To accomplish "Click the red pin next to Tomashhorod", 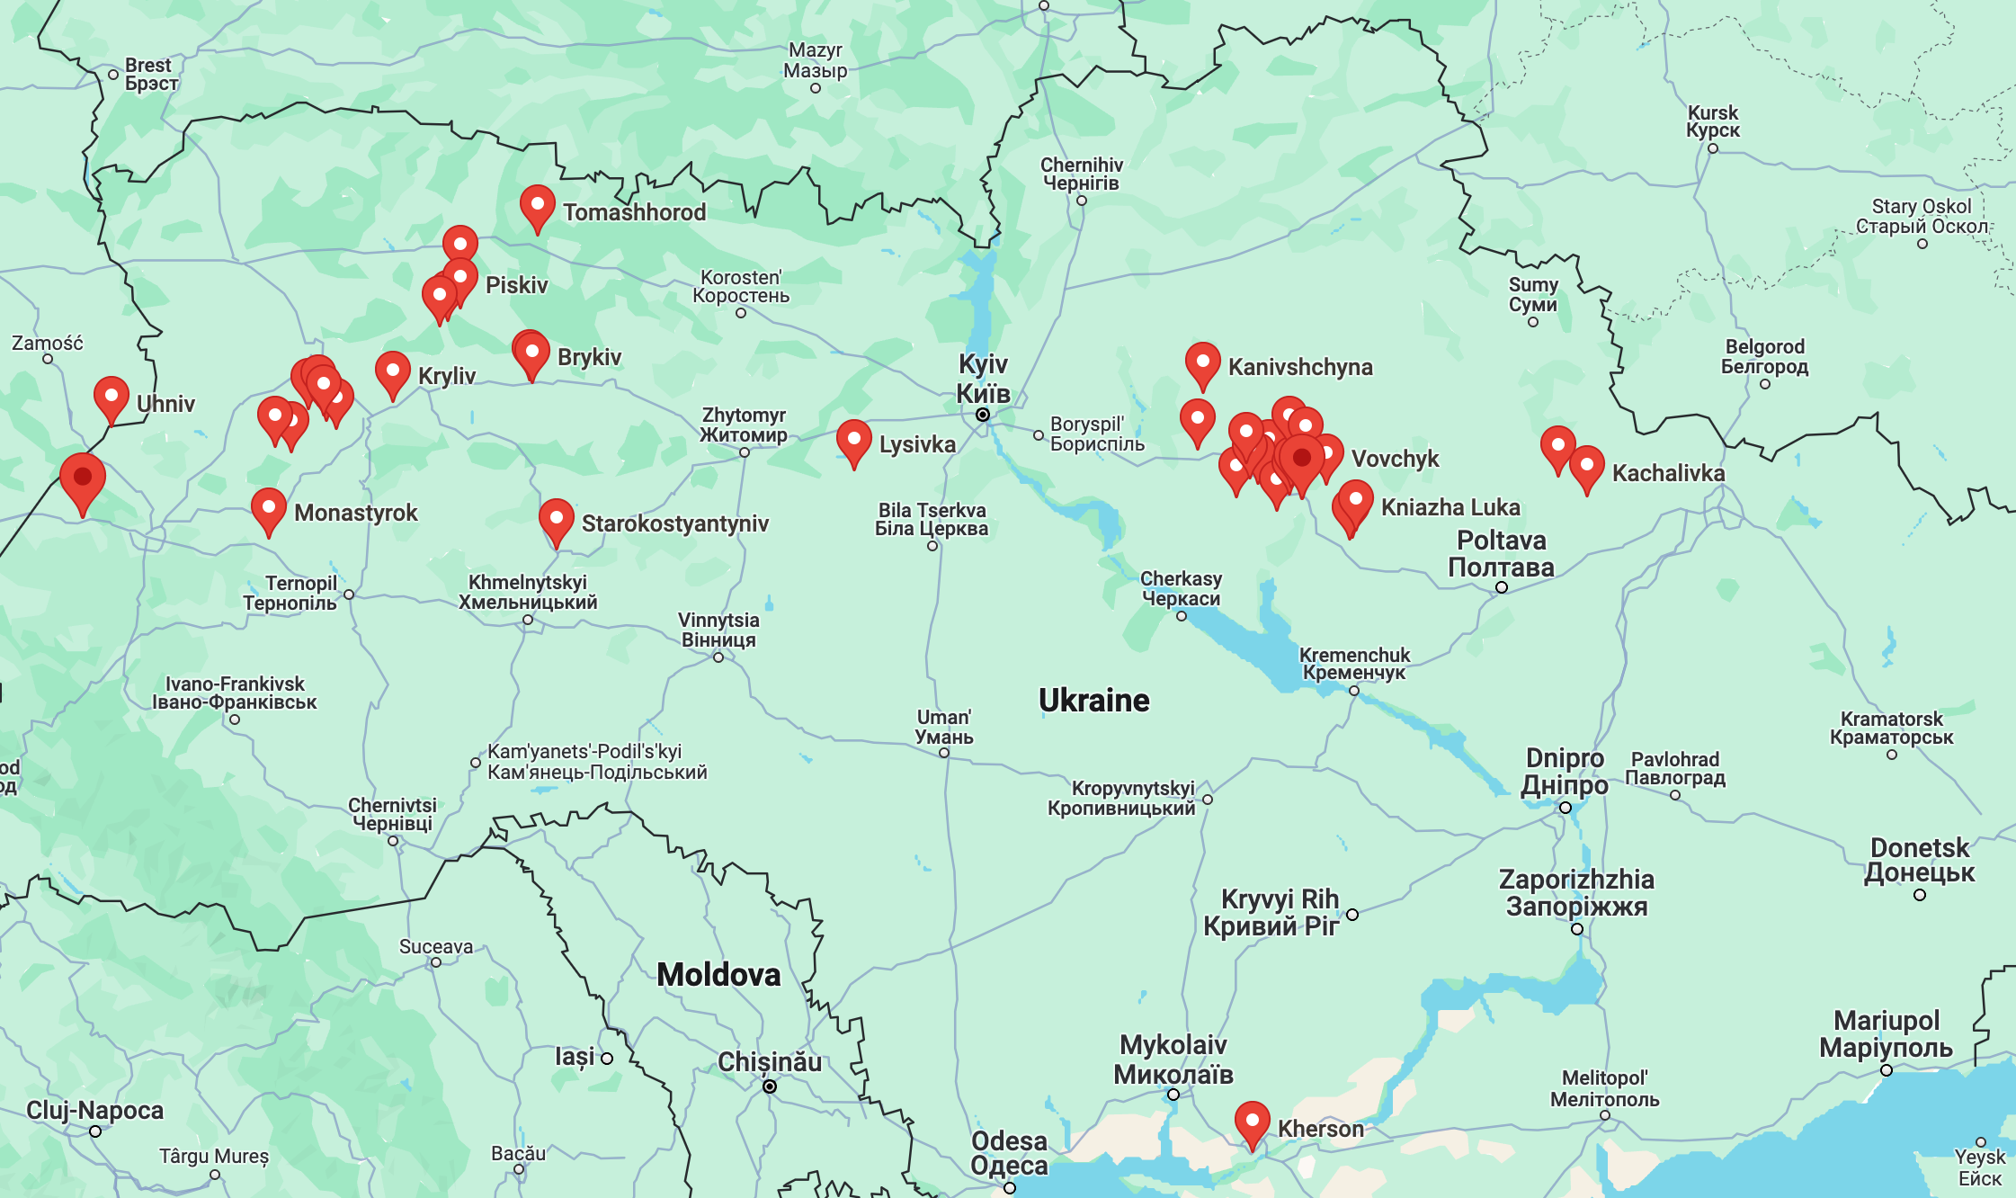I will click(x=537, y=206).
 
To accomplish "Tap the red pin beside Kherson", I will click(x=1252, y=1122).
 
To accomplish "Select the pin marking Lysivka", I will click(x=853, y=441).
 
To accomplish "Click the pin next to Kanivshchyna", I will click(x=1202, y=362).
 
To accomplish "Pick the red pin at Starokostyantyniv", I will click(x=556, y=519).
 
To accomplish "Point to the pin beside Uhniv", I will click(x=111, y=397).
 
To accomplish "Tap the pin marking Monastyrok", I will click(x=268, y=509).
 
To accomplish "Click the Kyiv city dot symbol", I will click(x=983, y=415).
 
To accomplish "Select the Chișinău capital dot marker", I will click(x=770, y=1086).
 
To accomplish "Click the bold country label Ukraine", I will click(x=1093, y=700).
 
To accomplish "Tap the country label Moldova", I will click(x=718, y=975).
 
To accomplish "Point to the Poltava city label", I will click(x=1501, y=554).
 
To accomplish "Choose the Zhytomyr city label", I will click(x=744, y=425).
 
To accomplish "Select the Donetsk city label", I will click(x=1919, y=860).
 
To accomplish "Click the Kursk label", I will click(x=1712, y=121).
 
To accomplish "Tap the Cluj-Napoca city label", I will click(x=94, y=1110).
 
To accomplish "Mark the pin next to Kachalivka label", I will click(x=1586, y=466).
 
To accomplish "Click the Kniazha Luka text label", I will click(x=1450, y=507).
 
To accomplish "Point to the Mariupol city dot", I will click(x=1887, y=1070).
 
